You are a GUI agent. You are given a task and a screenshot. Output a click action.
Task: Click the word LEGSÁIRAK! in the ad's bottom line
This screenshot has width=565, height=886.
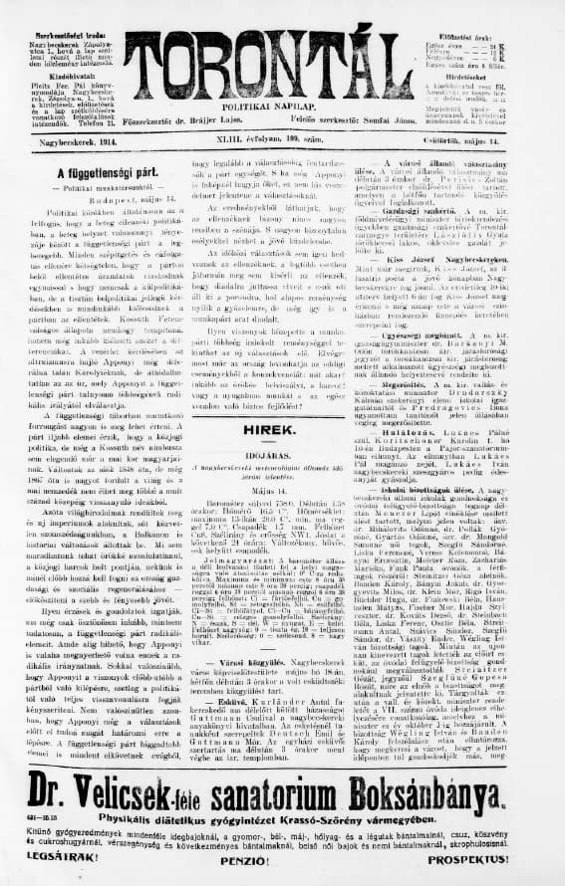[56, 856]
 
